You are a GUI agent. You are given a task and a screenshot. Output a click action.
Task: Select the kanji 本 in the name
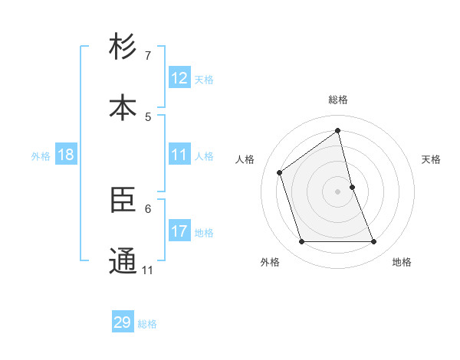(123, 107)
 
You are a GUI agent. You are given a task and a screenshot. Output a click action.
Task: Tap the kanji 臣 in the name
(123, 200)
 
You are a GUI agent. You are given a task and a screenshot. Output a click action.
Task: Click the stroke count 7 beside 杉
(148, 56)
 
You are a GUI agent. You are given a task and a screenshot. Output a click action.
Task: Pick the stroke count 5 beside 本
(148, 117)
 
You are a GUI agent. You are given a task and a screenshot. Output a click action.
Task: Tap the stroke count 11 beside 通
(148, 270)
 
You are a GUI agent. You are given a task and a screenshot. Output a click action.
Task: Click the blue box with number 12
(179, 78)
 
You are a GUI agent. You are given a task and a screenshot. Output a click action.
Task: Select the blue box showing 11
(179, 155)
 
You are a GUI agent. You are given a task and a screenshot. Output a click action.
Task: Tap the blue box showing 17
(179, 231)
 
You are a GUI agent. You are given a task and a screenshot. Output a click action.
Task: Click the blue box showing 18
(66, 155)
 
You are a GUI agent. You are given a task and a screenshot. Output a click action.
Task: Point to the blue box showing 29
(123, 322)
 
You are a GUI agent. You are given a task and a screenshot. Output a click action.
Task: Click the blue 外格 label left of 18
(41, 155)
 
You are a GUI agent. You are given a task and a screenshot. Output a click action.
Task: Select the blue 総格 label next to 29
(147, 324)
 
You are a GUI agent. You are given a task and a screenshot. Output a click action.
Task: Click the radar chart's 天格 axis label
(431, 159)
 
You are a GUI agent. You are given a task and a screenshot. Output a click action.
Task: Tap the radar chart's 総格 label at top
(338, 100)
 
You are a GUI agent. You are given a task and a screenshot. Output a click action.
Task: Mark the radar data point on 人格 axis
(280, 172)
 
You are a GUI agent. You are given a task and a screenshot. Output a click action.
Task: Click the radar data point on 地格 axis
(374, 242)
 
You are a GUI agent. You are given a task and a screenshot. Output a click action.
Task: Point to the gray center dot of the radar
(338, 191)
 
